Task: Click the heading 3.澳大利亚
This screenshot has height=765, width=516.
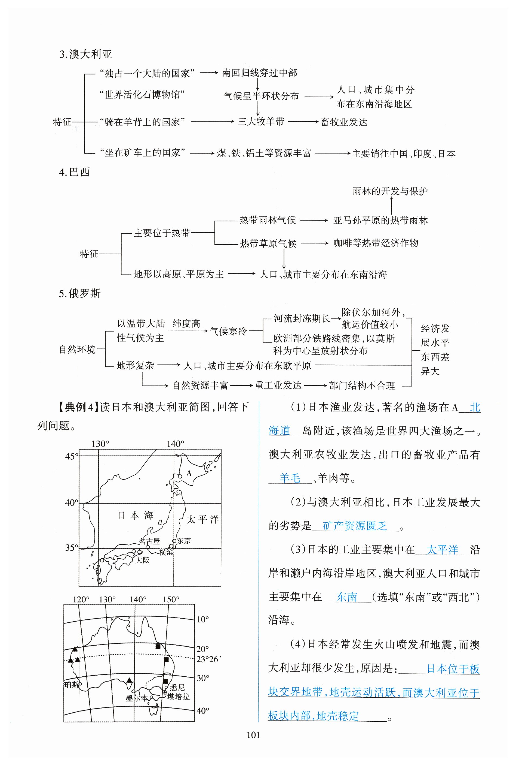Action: (x=85, y=54)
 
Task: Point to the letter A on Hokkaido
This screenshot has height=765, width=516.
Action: (x=189, y=473)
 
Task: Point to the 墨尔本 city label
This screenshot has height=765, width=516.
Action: (x=137, y=698)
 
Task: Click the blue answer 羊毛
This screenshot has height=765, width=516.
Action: (x=290, y=478)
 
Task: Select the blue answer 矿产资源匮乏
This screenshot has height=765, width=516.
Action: (x=355, y=526)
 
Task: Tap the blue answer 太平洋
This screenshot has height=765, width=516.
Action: (x=442, y=549)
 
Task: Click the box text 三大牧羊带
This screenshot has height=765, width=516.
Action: (x=261, y=122)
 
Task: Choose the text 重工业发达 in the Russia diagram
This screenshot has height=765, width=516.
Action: (x=278, y=385)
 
